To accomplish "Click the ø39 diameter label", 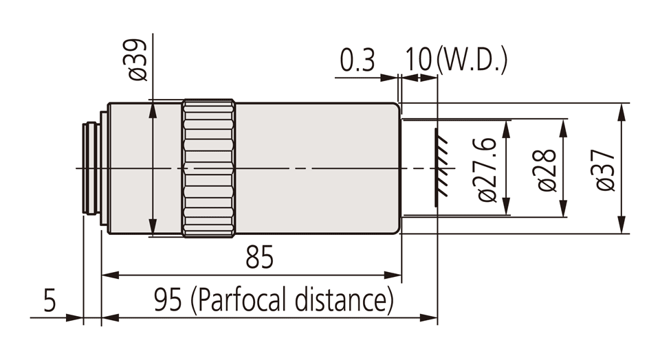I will click(137, 60).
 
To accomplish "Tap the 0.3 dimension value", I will click(357, 61).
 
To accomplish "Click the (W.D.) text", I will click(472, 61).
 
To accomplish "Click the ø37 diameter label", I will click(606, 169).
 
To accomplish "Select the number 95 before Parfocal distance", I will click(169, 301).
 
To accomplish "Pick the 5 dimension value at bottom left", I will click(48, 301).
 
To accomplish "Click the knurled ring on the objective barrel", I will click(209, 169).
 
